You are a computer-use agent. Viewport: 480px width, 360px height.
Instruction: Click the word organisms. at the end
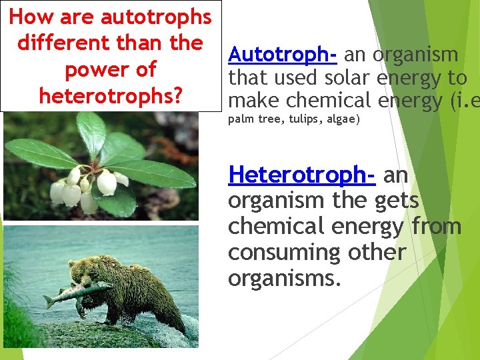(285, 278)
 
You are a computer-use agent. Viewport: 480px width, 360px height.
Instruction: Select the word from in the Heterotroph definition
(436, 226)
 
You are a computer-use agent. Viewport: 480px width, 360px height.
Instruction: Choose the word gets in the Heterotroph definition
(395, 200)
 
